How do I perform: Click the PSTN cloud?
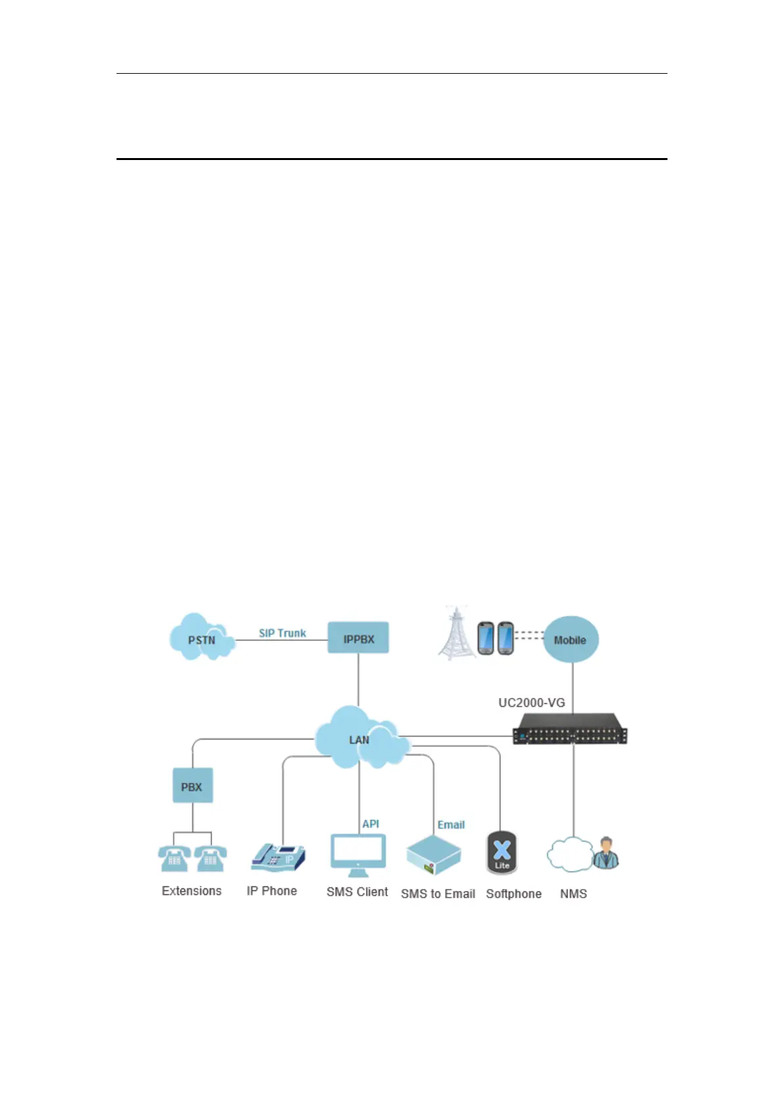tap(201, 638)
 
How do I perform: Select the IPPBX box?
tap(358, 638)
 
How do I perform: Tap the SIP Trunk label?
tap(282, 633)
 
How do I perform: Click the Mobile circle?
tap(570, 639)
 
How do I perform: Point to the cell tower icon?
tap(456, 634)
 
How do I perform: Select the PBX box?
tap(192, 786)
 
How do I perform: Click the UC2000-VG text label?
tap(531, 703)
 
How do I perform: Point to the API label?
tap(371, 824)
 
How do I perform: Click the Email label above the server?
tap(451, 825)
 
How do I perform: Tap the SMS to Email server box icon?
tap(433, 855)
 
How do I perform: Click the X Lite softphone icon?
tap(502, 853)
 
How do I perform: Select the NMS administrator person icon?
tap(606, 853)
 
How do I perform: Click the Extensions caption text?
tap(192, 891)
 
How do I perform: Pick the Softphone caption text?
tap(513, 894)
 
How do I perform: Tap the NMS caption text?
tap(573, 894)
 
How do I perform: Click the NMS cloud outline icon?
tap(569, 854)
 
